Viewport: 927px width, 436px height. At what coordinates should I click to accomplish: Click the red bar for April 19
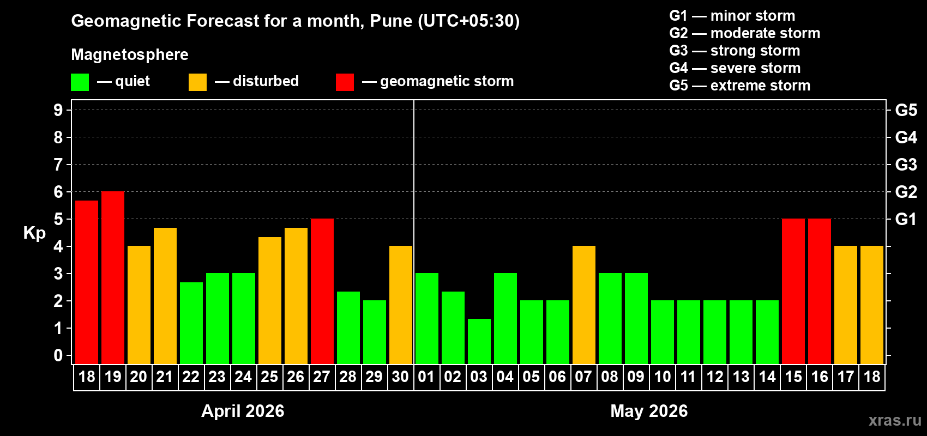coord(113,277)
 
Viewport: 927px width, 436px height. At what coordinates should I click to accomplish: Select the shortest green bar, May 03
coord(479,341)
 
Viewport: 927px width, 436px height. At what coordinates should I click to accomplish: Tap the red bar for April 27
coord(322,291)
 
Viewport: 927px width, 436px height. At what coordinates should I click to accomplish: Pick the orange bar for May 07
coord(584,305)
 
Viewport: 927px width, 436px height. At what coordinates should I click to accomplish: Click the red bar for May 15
coord(793,291)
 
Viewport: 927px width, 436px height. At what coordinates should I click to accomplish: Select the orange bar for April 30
coord(401,305)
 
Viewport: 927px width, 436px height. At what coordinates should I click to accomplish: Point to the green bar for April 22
coord(191,323)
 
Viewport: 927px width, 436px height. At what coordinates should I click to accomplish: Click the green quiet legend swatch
coord(80,82)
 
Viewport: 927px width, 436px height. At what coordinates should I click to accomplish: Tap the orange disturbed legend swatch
coord(198,82)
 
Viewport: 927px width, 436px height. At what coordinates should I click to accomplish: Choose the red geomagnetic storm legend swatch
coord(345,82)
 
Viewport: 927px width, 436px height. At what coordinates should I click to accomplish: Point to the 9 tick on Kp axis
coord(58,110)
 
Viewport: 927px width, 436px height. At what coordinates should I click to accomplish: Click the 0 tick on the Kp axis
coord(58,355)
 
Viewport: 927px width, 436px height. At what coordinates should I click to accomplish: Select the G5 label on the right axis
coord(906,110)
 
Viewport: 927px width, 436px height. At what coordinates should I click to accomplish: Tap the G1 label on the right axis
coord(906,219)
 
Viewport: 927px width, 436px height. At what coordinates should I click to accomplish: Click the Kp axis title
coord(34,233)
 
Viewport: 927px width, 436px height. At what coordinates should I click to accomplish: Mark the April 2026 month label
coord(243,410)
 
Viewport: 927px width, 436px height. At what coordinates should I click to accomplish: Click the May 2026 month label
coord(649,410)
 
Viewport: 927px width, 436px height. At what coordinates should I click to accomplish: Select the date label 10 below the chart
coord(663,377)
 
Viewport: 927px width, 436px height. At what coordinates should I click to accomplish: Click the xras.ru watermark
coord(895,420)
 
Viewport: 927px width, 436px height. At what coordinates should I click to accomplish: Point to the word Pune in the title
coord(391,21)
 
